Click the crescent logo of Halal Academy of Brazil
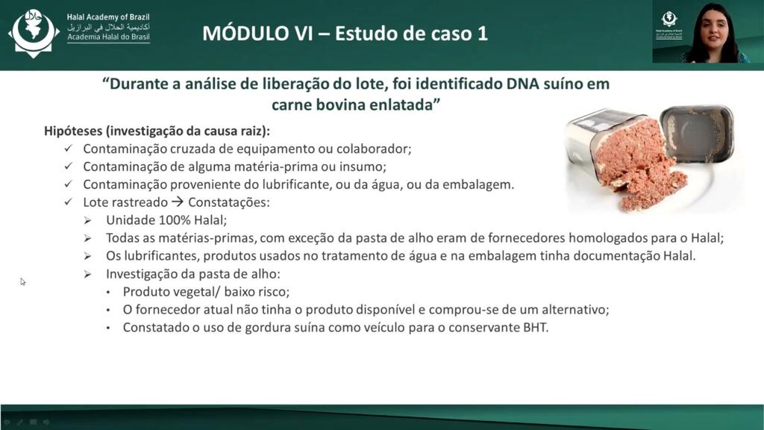pyautogui.click(x=33, y=32)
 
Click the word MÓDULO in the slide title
pyautogui.click(x=257, y=33)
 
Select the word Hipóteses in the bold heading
pyautogui.click(x=74, y=131)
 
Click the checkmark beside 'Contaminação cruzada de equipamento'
pyautogui.click(x=68, y=149)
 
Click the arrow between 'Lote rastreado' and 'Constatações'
pyautogui.click(x=178, y=202)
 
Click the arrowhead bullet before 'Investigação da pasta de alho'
pyautogui.click(x=87, y=274)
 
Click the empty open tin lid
pyautogui.click(x=698, y=134)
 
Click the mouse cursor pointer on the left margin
pyautogui.click(x=22, y=281)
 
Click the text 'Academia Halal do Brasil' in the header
pyautogui.click(x=108, y=37)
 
